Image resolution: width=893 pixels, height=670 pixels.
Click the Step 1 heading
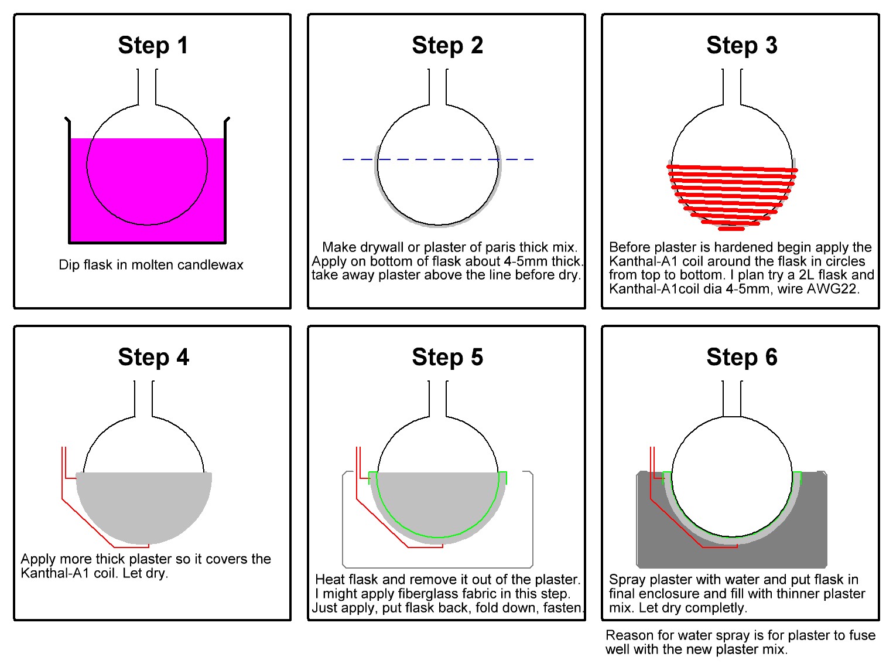point(153,45)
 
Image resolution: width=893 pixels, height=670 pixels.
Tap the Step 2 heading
point(447,45)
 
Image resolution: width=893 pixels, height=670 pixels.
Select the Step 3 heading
point(742,45)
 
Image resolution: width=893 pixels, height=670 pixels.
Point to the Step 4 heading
point(153,357)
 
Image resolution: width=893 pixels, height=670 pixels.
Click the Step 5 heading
point(447,357)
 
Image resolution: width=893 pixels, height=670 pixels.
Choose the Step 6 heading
point(742,357)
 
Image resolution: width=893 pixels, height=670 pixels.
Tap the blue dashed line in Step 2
point(438,159)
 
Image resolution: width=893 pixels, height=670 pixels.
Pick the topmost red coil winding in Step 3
point(732,168)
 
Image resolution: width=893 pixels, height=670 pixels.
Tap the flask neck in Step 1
point(147,87)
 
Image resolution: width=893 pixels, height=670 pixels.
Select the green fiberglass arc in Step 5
point(438,537)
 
